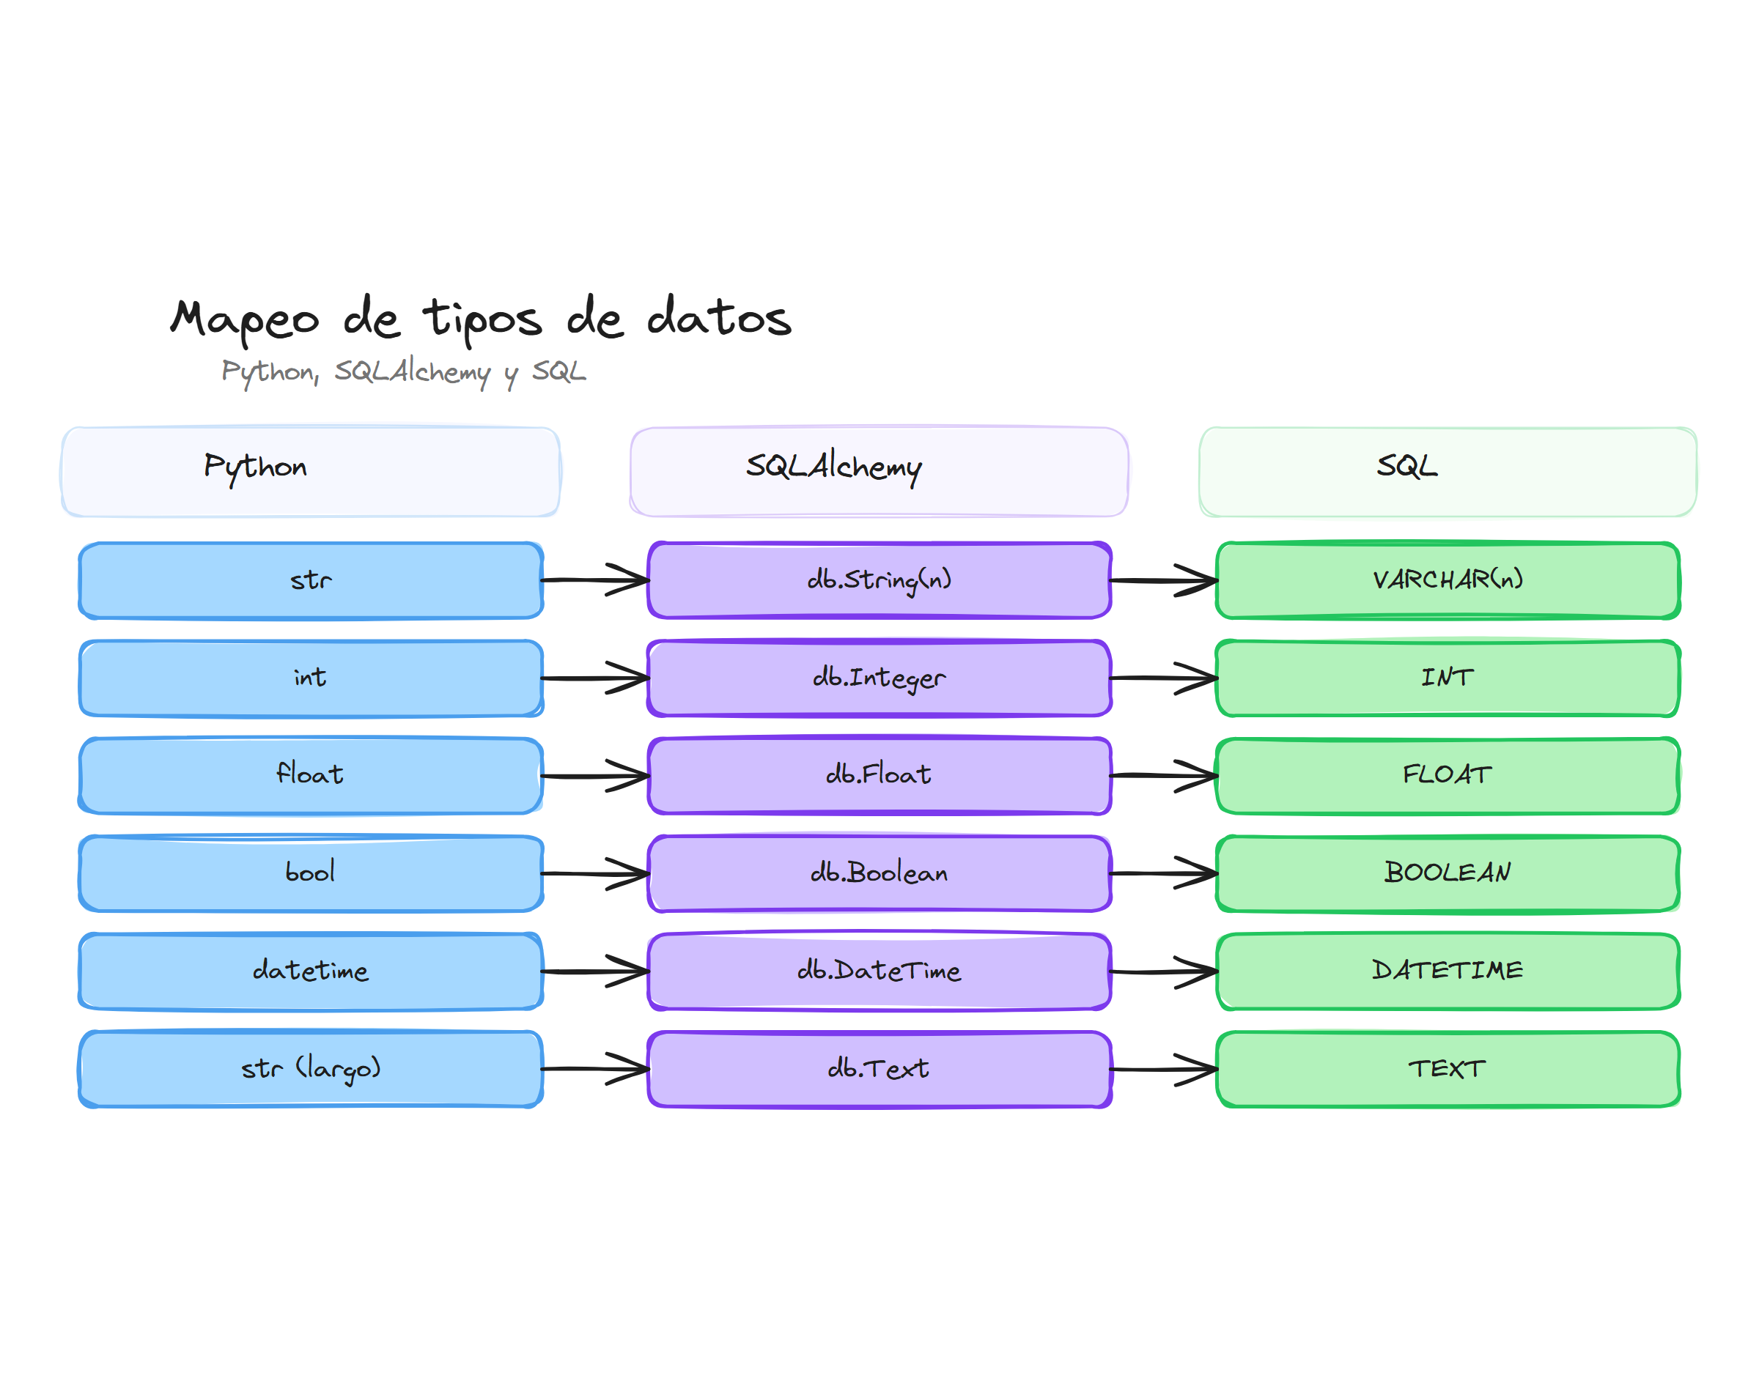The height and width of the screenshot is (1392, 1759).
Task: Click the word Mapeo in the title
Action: click(x=245, y=319)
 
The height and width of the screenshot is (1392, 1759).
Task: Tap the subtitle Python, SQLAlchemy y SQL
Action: click(x=404, y=371)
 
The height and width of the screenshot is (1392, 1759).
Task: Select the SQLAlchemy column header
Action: click(x=879, y=471)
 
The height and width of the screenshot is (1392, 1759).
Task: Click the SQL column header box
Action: click(x=1447, y=471)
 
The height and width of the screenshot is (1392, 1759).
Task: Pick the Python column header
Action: click(x=311, y=471)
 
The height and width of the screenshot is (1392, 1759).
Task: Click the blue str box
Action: click(x=311, y=580)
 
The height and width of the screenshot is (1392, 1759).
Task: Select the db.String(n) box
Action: click(x=879, y=580)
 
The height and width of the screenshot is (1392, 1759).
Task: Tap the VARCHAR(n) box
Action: click(x=1447, y=580)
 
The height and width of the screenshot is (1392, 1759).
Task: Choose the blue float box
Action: click(x=311, y=775)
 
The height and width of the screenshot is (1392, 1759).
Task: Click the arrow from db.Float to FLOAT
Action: click(x=1163, y=775)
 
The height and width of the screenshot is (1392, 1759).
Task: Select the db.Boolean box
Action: click(x=879, y=873)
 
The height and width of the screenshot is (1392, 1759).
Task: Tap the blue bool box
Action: click(x=311, y=873)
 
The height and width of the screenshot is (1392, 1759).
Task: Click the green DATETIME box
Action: click(x=1447, y=971)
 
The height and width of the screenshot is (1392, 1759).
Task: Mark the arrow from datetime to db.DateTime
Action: click(x=595, y=971)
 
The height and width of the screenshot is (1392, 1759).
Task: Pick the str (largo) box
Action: click(x=311, y=1068)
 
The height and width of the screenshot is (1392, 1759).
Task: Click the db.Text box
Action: click(x=879, y=1068)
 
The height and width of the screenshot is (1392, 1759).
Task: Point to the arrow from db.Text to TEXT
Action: click(x=1163, y=1068)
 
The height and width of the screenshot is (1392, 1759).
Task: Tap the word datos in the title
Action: click(x=719, y=318)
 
